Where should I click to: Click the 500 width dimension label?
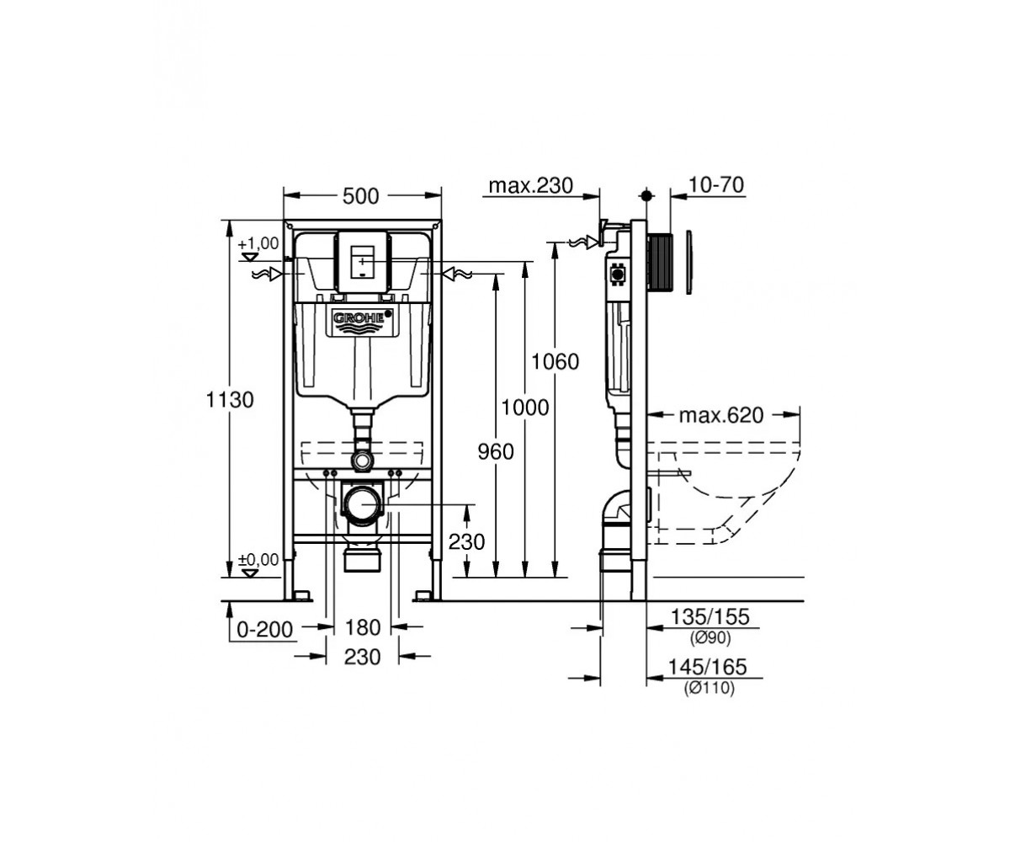(x=361, y=196)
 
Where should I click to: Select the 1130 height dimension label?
(x=230, y=400)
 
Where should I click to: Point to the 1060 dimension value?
(x=555, y=361)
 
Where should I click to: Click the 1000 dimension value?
(x=525, y=408)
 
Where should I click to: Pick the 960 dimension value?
(x=496, y=451)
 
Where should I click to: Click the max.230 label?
(x=530, y=185)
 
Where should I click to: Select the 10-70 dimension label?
(x=716, y=184)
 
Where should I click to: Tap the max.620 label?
(x=721, y=415)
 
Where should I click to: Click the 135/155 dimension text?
(x=710, y=617)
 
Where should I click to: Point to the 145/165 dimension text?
(x=708, y=667)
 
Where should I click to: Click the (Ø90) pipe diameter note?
(x=710, y=637)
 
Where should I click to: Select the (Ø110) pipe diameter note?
(x=710, y=688)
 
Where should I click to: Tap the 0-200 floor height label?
(x=265, y=630)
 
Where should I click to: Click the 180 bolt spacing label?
(x=362, y=627)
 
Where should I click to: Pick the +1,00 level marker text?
(x=258, y=243)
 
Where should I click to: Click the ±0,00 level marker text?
(x=258, y=560)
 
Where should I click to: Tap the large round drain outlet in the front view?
(x=362, y=504)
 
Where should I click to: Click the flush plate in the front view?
(x=364, y=262)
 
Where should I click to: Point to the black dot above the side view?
(x=646, y=195)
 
